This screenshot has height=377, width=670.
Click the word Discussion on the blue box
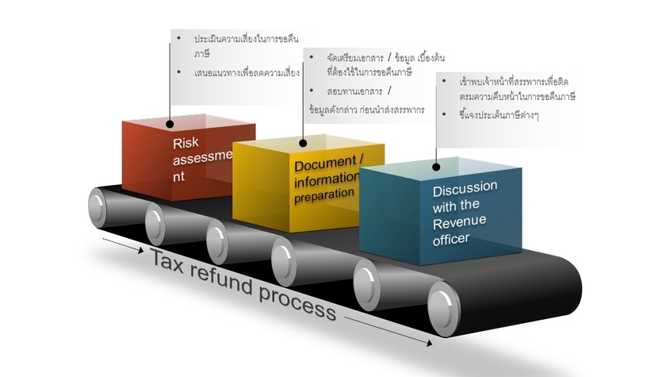pos(465,190)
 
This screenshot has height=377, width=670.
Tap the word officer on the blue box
pos(451,237)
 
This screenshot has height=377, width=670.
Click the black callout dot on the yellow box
pos(303,144)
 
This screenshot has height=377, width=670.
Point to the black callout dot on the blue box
pos(435,167)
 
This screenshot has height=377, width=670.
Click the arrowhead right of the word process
pos(430,344)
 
